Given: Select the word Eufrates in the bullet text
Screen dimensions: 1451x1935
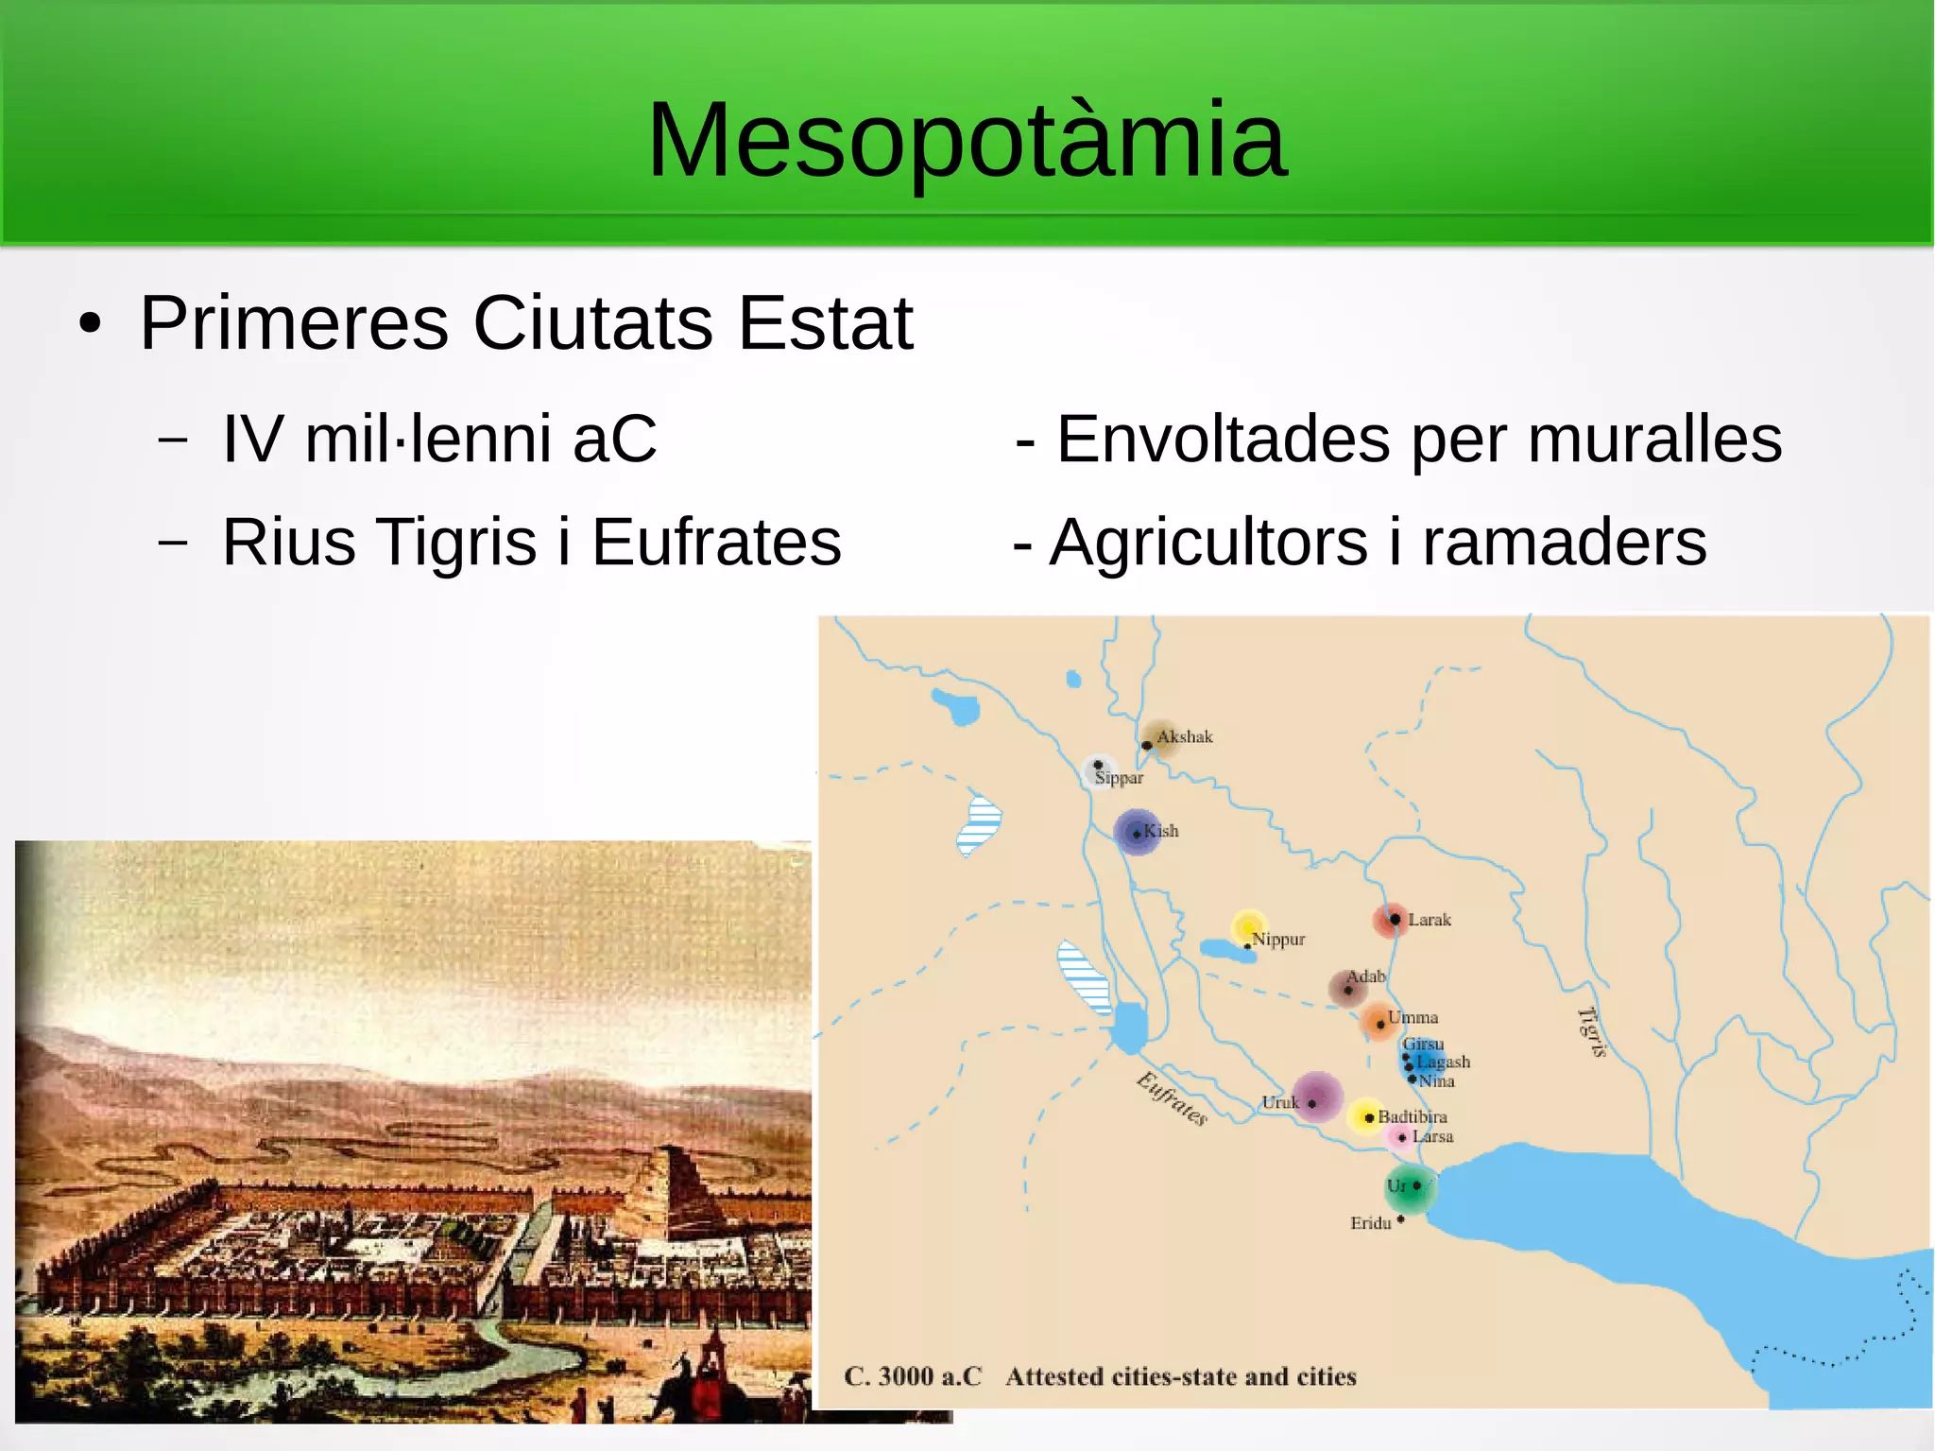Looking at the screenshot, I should click(x=716, y=543).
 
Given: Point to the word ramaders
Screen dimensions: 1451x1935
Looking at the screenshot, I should click(x=1565, y=543).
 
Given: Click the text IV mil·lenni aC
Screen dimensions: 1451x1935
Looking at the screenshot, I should click(x=438, y=440).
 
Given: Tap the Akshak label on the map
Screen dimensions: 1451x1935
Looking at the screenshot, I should click(x=1184, y=736).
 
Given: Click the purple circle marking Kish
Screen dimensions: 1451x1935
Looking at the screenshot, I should click(x=1137, y=833).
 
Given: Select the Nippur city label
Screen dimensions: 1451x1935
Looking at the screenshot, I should click(x=1278, y=940).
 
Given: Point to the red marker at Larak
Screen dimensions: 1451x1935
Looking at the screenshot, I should click(x=1392, y=919).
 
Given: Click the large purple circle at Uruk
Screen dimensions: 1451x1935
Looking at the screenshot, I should click(x=1317, y=1097).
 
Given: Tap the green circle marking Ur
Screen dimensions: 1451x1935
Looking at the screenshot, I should click(x=1410, y=1190).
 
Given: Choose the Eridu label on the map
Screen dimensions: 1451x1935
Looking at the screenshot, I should click(x=1370, y=1223).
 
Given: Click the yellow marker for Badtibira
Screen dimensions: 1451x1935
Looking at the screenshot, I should click(x=1365, y=1117).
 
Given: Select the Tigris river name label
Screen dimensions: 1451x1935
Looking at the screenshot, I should click(x=1592, y=1032).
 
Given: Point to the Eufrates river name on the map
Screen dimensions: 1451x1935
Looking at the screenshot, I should click(x=1172, y=1099).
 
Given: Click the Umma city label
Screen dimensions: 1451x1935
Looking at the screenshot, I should click(x=1413, y=1018).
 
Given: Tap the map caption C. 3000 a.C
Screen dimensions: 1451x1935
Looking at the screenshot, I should click(x=912, y=1376).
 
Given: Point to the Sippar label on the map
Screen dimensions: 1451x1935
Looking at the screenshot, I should click(x=1119, y=778).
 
